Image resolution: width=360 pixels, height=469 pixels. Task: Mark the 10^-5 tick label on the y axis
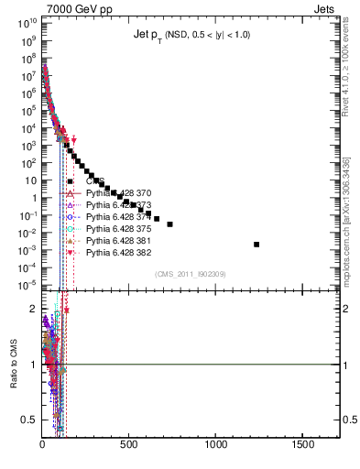pos(27,285)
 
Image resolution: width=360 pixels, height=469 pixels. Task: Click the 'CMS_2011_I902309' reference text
pos(188,274)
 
